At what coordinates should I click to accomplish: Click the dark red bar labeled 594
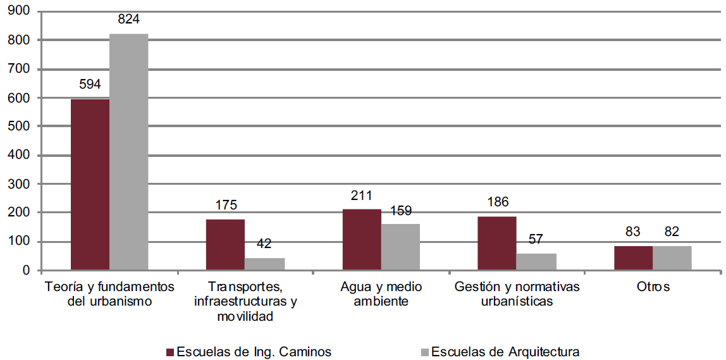[90, 185]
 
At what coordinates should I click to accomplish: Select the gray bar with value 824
[129, 152]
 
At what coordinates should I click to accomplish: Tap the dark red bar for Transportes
[225, 245]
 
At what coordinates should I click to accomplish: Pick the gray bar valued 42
[264, 264]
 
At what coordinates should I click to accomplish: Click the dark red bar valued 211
[362, 240]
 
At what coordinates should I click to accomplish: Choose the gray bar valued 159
[400, 247]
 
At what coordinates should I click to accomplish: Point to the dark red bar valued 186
[497, 244]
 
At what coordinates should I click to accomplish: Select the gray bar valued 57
[536, 262]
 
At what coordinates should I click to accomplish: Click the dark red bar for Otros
[633, 258]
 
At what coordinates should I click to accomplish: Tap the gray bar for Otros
[672, 258]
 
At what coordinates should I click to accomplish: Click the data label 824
[128, 20]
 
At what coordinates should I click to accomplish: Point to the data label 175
[226, 206]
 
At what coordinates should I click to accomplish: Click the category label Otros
[653, 287]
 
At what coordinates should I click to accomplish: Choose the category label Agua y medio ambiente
[381, 294]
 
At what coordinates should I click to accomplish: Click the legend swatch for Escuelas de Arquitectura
[425, 352]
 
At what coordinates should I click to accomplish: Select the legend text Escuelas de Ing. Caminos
[254, 352]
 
